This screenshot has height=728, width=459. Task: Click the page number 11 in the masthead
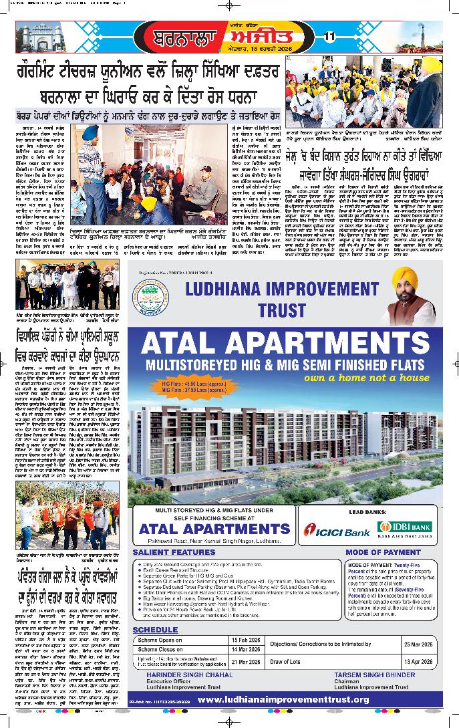pos(329,37)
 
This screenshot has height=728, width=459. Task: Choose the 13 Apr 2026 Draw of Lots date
pos(418,662)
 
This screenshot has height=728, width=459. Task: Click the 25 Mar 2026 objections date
pos(418,644)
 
